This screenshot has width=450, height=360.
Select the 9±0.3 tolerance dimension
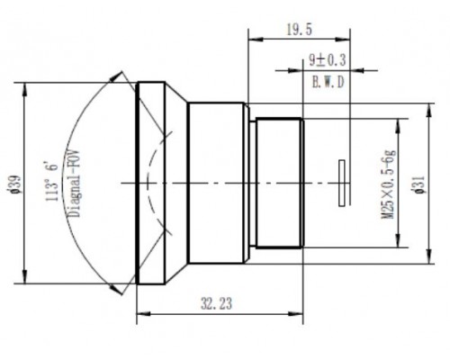point(320,62)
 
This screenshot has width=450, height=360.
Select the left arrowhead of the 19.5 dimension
point(250,38)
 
